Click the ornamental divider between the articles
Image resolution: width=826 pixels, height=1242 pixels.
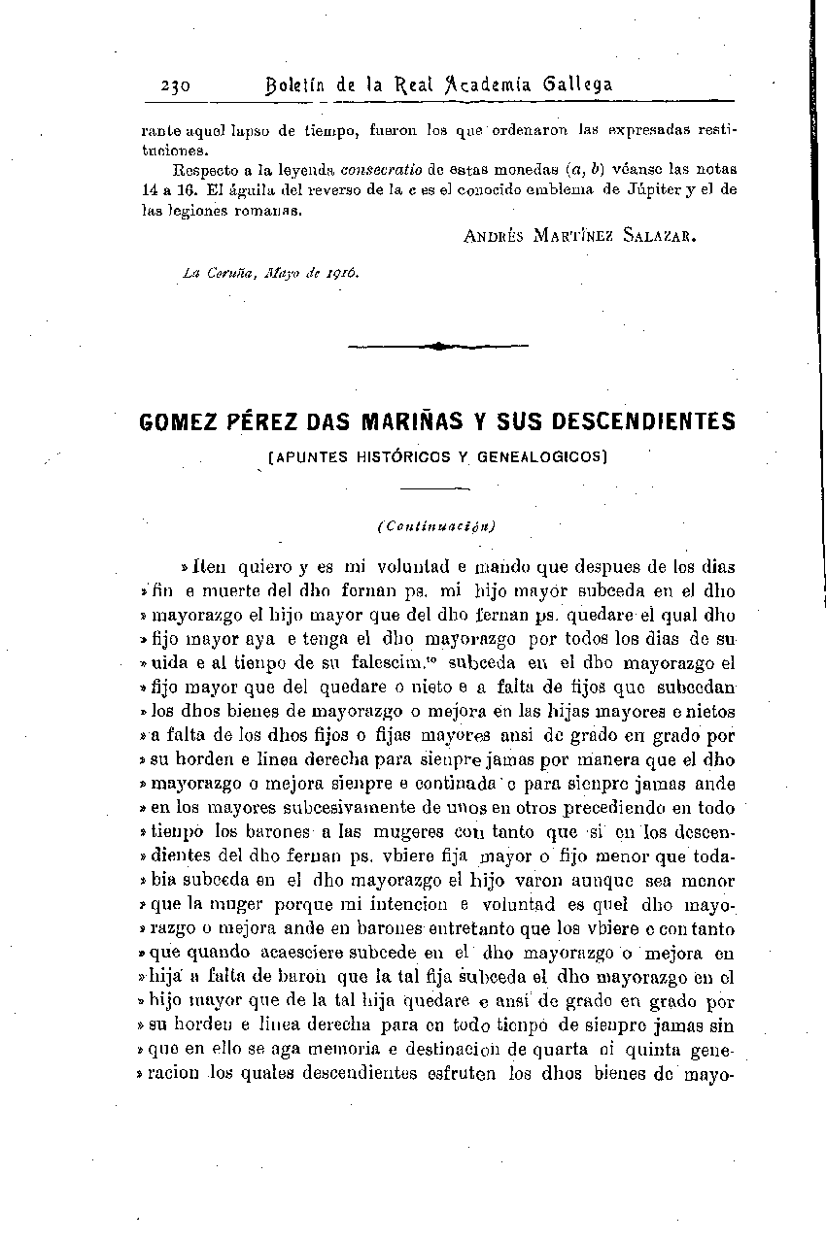pos(437,345)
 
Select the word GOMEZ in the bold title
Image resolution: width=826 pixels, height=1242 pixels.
pos(178,422)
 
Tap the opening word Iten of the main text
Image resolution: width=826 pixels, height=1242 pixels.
pos(210,567)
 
